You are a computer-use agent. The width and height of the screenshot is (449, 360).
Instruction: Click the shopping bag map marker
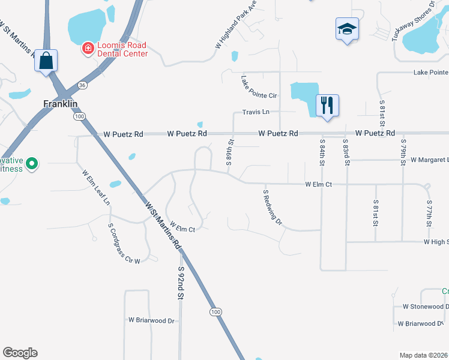pyautogui.click(x=46, y=61)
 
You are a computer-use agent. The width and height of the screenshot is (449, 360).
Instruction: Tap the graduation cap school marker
pyautogui.click(x=346, y=29)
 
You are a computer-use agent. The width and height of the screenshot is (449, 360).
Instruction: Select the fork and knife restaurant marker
pyautogui.click(x=327, y=105)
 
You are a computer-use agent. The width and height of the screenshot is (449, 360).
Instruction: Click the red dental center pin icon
pyautogui.click(x=88, y=47)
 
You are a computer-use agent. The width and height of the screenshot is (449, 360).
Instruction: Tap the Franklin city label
pyautogui.click(x=61, y=103)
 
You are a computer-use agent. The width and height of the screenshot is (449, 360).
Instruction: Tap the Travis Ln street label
pyautogui.click(x=256, y=112)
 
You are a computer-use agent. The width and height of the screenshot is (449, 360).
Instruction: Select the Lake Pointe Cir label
pyautogui.click(x=259, y=87)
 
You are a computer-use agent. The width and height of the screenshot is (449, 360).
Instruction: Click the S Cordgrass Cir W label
pyautogui.click(x=124, y=244)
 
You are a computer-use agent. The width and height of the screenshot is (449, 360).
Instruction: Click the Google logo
pyautogui.click(x=20, y=353)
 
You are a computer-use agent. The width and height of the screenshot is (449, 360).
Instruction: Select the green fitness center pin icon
pyautogui.click(x=33, y=163)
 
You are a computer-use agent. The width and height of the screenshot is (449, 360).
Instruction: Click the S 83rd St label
pyautogui.click(x=346, y=152)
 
